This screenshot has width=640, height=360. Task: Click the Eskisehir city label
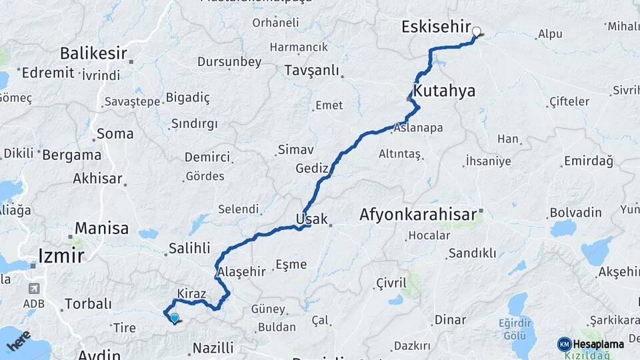436,27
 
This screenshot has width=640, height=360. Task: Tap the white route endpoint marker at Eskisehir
476,31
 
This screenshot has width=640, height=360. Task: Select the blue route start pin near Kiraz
174,319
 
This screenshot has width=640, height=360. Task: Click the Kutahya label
445,91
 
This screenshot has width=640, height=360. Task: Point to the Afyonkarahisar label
418,215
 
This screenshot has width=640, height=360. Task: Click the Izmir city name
61,256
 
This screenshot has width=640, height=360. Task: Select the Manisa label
101,229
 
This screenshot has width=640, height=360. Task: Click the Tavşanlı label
311,71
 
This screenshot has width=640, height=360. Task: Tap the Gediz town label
312,169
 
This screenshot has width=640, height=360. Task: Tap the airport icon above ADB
33,289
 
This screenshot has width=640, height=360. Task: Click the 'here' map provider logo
19,340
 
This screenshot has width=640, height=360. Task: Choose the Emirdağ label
588,161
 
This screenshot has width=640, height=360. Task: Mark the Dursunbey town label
229,62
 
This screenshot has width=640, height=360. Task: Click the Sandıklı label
472,253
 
